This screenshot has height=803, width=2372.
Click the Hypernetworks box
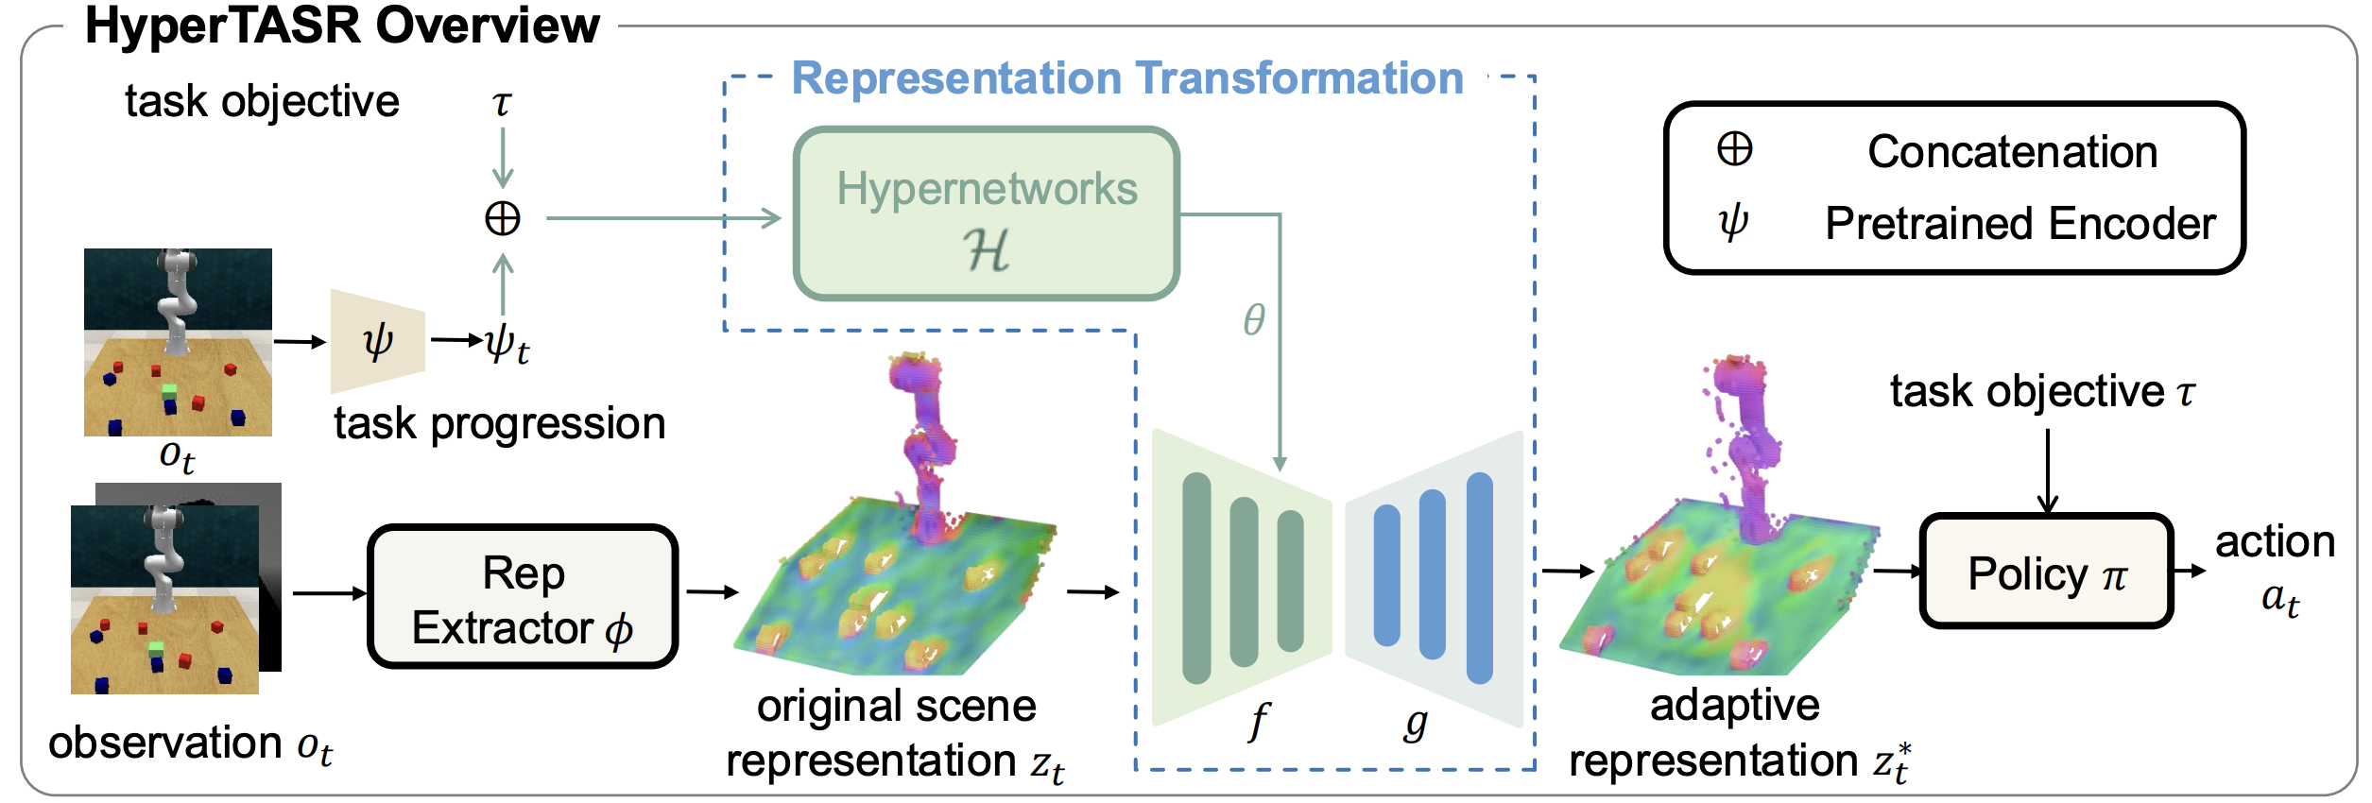(x=986, y=214)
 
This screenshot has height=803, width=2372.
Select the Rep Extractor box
(x=523, y=597)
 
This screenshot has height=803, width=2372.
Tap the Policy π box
(x=2046, y=572)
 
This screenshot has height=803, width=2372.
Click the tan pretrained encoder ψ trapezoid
(x=377, y=340)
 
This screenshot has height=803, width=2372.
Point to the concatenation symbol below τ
(x=503, y=219)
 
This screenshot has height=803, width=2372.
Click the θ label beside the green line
(x=1254, y=320)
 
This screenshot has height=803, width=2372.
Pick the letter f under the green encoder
(x=1259, y=723)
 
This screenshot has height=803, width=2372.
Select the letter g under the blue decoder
(x=1415, y=723)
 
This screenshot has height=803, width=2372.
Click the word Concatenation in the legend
(x=2012, y=152)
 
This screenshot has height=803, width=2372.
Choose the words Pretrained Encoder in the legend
(x=2020, y=224)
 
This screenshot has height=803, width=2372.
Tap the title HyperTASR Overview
(x=342, y=26)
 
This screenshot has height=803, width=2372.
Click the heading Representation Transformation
(x=1126, y=78)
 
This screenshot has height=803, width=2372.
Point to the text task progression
(x=499, y=423)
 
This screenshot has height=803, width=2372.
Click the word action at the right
(x=2275, y=541)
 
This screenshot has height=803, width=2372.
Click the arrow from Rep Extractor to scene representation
(x=712, y=592)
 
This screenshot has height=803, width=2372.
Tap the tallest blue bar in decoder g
(x=1479, y=578)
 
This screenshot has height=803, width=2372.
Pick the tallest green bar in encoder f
(x=1196, y=578)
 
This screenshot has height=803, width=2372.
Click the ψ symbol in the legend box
(x=1733, y=222)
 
